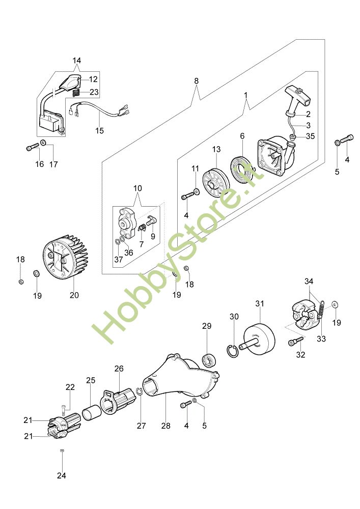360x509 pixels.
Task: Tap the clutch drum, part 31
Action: coord(258,339)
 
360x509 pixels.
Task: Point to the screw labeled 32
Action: coord(296,341)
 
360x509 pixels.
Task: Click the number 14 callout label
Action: coord(77,61)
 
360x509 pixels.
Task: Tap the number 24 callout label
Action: coord(61,475)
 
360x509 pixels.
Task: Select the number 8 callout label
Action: coord(196,81)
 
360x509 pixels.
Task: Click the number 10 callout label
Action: coord(137,188)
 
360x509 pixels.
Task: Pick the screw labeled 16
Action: coord(33,148)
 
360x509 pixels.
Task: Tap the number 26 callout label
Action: coord(119,369)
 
